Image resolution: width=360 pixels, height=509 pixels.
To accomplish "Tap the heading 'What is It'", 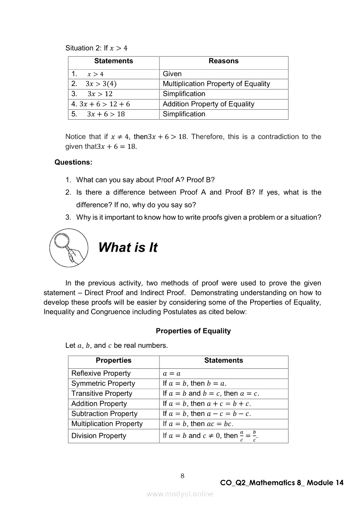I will point(128,247).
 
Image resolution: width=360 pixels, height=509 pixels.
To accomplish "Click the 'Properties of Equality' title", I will point(193,331).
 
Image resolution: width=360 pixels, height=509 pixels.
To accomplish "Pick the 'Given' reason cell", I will point(172,74).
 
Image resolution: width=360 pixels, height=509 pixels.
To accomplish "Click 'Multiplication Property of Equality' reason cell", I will point(216,84).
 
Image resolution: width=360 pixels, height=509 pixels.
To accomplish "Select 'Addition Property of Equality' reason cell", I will point(208,104).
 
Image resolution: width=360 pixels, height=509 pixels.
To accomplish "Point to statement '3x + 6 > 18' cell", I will point(105,114).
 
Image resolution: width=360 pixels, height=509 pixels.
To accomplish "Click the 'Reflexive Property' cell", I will point(101,373).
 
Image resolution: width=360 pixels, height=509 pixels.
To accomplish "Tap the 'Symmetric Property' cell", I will point(103,384).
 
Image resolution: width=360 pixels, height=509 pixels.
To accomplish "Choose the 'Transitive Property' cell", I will point(102,394).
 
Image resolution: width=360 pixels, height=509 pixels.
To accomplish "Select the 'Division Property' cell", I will point(98,436).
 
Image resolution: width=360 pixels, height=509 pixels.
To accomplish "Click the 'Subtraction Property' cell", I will point(104,414).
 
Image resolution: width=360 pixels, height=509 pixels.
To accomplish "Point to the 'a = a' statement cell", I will point(172,374).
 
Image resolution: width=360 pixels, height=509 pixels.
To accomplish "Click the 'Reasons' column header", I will point(224,61).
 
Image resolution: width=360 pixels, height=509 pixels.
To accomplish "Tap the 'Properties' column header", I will point(113,361).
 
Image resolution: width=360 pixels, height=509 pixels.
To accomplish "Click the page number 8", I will point(182,476).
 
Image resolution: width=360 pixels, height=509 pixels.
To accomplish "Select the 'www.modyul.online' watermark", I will point(180,494).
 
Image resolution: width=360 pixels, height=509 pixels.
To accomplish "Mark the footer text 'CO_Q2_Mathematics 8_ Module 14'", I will point(282,482).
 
